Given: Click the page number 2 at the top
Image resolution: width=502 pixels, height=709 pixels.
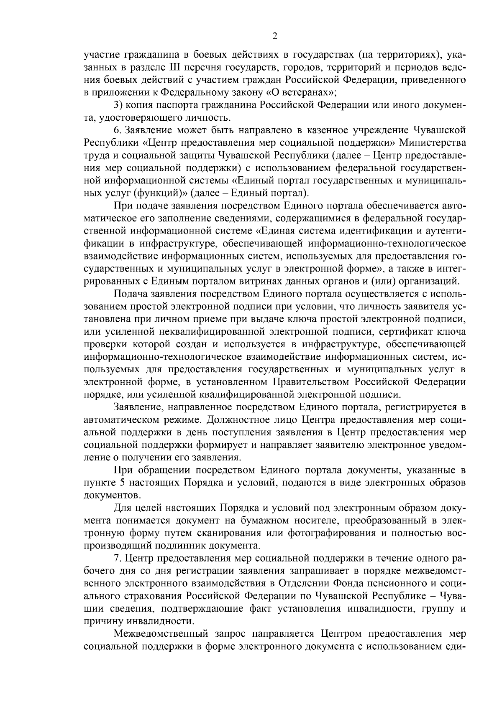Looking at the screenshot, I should [x=275, y=36].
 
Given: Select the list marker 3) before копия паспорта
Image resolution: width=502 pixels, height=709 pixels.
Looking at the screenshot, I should [x=118, y=104].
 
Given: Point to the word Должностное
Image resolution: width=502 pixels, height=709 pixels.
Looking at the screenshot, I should [x=251, y=419].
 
